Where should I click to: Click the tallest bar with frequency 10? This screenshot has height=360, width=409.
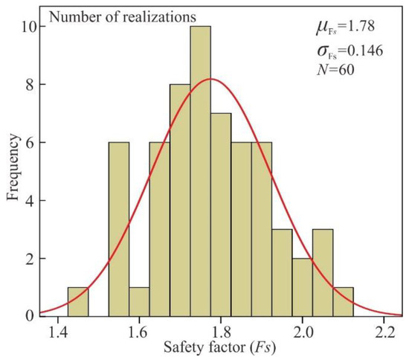(200, 171)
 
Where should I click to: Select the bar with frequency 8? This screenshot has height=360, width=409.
(180, 200)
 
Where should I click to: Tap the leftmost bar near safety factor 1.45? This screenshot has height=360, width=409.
(78, 301)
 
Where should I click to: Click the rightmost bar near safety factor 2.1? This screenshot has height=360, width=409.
(343, 301)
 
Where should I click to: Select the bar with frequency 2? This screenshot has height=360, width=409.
(302, 287)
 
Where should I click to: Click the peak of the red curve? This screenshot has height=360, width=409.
(211, 79)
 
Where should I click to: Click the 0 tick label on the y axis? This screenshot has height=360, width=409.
(28, 316)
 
